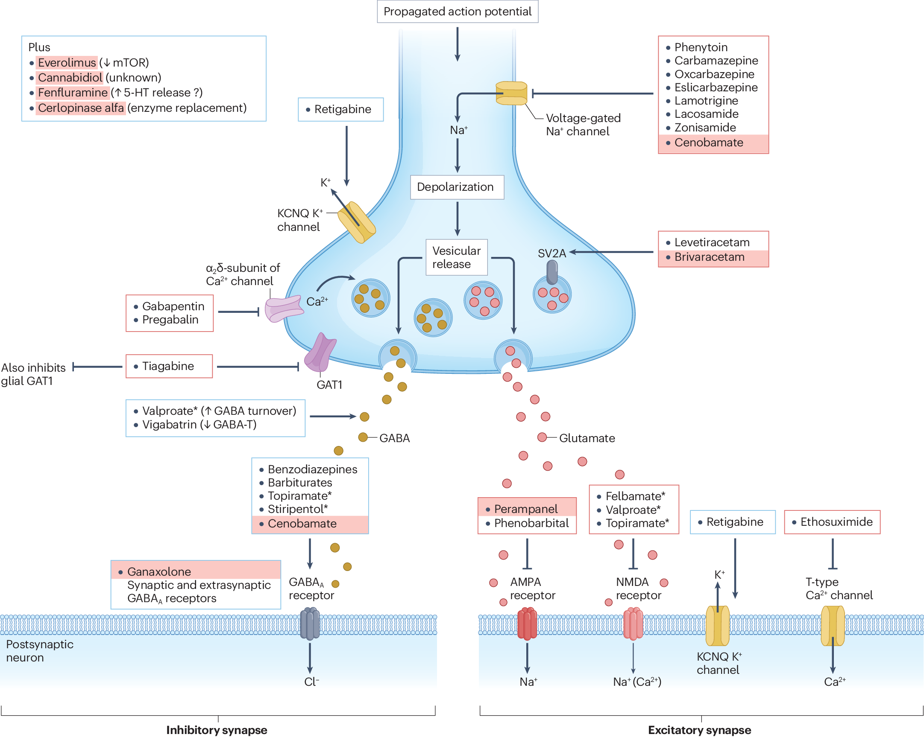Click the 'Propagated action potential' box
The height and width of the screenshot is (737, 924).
457,12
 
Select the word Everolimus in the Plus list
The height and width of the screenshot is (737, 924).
67,63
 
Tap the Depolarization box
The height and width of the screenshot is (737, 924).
457,187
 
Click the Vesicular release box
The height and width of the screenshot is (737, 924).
456,257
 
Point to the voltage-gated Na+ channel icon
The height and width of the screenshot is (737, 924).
511,93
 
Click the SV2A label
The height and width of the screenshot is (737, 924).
551,253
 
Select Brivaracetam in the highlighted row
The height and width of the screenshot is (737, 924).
709,257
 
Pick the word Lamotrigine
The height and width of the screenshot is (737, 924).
706,101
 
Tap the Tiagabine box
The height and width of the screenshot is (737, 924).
169,366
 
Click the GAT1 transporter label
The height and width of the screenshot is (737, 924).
329,385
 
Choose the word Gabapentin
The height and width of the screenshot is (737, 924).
173,306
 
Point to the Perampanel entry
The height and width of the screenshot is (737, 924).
525,509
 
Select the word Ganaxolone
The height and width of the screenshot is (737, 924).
159,572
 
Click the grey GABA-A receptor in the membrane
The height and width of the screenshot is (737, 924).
310,624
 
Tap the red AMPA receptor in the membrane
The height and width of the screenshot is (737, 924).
527,624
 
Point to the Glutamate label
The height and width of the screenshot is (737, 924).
587,438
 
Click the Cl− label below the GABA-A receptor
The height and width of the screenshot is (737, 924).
311,682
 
